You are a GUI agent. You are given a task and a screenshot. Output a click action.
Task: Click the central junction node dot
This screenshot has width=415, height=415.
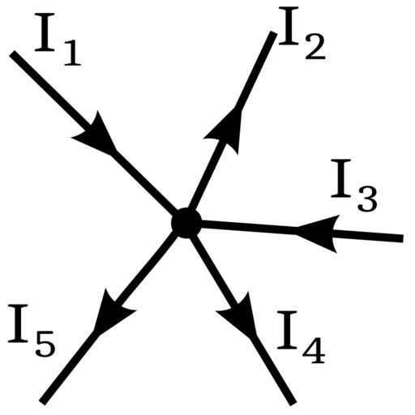click(186, 223)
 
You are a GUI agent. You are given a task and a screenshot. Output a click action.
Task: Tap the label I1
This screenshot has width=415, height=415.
click(58, 40)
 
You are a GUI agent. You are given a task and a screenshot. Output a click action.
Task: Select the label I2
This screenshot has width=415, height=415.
click(302, 33)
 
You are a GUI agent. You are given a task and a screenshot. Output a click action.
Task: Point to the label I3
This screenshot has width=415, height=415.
click(354, 186)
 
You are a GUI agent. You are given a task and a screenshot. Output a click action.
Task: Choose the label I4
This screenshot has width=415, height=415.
click(301, 337)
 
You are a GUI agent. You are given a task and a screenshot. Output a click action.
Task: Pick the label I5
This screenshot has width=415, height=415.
click(32, 331)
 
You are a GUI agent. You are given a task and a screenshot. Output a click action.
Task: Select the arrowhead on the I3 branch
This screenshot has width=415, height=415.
click(319, 233)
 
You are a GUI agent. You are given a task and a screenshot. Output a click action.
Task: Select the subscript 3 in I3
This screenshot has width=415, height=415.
click(367, 199)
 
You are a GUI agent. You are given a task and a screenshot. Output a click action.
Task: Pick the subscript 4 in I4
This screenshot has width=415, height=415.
click(314, 350)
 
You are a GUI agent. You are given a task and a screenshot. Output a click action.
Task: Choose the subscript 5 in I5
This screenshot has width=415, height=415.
click(45, 344)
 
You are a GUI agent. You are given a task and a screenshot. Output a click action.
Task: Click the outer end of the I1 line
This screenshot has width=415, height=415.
click(12, 53)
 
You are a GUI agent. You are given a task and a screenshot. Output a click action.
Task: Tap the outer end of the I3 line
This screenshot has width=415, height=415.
click(403, 238)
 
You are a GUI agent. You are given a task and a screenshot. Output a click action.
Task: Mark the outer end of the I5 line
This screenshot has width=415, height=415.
click(43, 402)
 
